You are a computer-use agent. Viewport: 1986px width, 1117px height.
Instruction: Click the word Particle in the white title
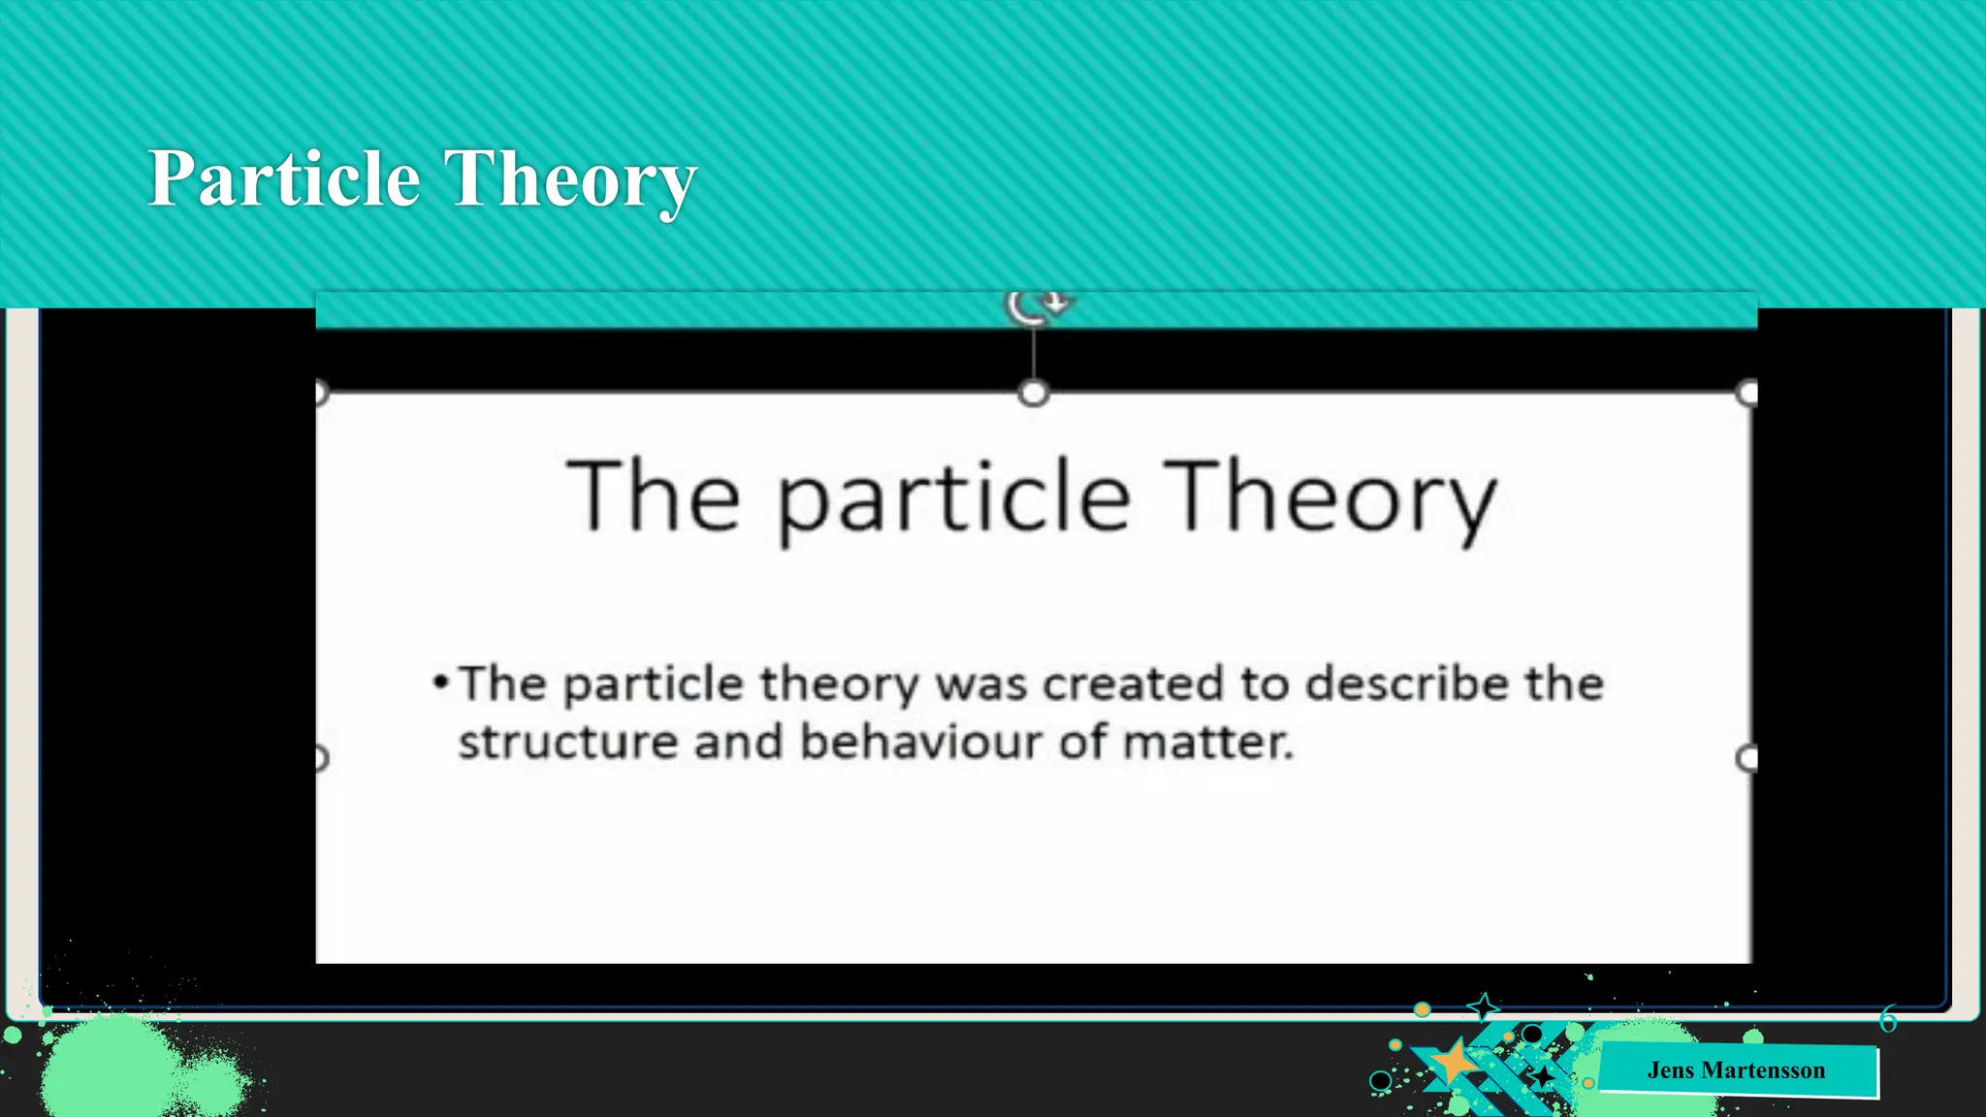coord(283,179)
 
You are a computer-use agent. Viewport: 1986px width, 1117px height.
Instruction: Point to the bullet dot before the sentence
coord(441,683)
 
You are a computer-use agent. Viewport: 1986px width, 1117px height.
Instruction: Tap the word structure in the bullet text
coord(566,743)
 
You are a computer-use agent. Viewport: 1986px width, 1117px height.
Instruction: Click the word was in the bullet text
coord(980,685)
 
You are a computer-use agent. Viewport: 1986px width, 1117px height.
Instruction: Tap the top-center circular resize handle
coord(1034,394)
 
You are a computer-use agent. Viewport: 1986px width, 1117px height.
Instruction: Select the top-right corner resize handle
coord(1747,393)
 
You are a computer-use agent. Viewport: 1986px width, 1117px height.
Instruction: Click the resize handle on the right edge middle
coord(1747,757)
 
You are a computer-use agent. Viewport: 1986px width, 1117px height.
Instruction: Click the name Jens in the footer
coord(1670,1070)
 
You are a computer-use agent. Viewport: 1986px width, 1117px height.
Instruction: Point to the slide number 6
coord(1887,1019)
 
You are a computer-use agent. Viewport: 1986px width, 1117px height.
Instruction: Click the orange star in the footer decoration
coord(1453,1063)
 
